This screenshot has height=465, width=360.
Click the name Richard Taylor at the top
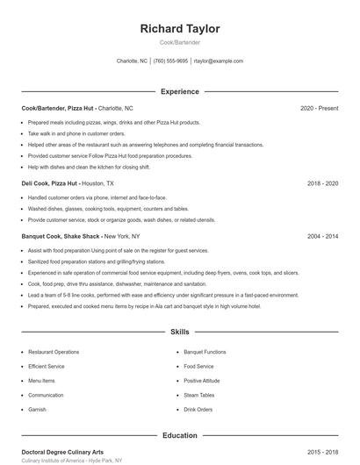pos(180,29)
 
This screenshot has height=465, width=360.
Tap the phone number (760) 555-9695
pos(170,61)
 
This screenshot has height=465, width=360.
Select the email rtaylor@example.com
pos(219,61)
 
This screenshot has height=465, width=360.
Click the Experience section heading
pos(180,91)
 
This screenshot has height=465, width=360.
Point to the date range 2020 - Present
pos(319,108)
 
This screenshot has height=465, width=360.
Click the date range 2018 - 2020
pos(322,183)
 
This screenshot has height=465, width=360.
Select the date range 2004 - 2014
pos(322,236)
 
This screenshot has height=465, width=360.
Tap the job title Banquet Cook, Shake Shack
pos(61,236)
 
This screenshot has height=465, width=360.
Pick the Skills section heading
pos(180,333)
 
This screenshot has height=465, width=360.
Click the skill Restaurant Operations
pos(54,352)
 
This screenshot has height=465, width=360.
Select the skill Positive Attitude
pos(202,381)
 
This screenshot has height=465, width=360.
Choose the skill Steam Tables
pos(198,395)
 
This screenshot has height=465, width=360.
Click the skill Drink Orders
pos(198,410)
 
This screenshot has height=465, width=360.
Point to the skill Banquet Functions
pos(205,352)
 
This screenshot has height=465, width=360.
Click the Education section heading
pos(180,435)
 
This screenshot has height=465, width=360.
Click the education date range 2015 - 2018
pos(322,452)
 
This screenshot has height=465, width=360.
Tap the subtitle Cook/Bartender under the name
pos(180,43)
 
